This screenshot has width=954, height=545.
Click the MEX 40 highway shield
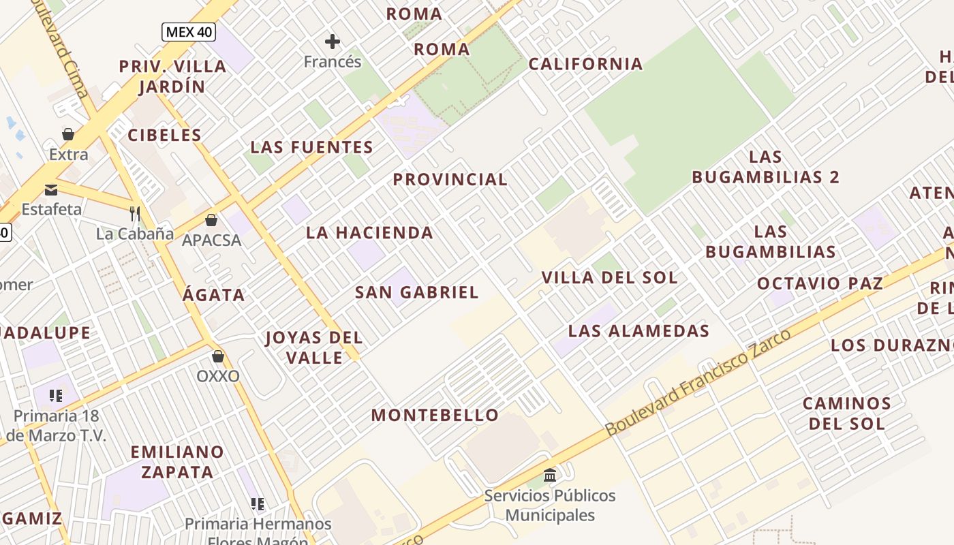(188, 32)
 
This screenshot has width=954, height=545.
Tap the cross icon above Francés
(333, 42)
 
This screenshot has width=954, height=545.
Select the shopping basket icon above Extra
(68, 134)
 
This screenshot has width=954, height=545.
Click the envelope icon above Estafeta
(51, 189)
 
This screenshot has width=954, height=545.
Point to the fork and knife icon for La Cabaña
(135, 214)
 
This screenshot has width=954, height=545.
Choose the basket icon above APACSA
(211, 220)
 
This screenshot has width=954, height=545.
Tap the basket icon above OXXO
(218, 356)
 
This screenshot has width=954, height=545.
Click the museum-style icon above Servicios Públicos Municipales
(550, 475)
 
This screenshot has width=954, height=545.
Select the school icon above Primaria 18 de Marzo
(56, 395)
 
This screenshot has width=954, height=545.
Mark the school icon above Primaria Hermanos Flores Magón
(258, 503)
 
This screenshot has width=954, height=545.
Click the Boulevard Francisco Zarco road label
(698, 383)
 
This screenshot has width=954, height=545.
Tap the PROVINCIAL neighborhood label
(450, 179)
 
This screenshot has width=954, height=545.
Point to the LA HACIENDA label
(369, 232)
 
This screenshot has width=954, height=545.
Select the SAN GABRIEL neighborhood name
(417, 292)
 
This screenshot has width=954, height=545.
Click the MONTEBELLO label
(435, 415)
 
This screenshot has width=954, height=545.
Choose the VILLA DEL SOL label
(609, 277)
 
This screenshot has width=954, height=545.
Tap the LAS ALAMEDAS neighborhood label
(638, 331)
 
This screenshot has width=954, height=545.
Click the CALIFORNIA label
(585, 64)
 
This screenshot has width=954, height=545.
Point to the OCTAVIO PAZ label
(820, 283)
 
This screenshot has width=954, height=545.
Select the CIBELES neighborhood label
(165, 135)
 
